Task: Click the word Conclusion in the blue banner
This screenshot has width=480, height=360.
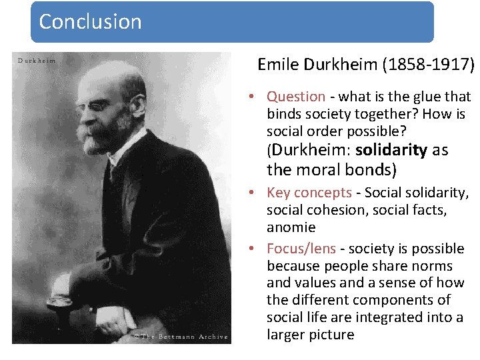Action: [90, 21]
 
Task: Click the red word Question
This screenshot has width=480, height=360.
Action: [296, 97]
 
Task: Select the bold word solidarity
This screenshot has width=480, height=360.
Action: [391, 150]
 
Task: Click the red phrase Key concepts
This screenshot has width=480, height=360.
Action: [309, 193]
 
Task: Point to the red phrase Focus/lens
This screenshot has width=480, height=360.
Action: [301, 249]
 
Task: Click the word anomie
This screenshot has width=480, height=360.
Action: [291, 227]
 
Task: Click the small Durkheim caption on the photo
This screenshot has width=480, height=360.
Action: [37, 61]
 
